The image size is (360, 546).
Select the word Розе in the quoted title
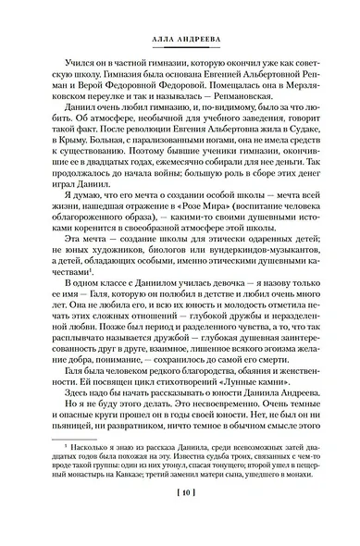237,203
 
